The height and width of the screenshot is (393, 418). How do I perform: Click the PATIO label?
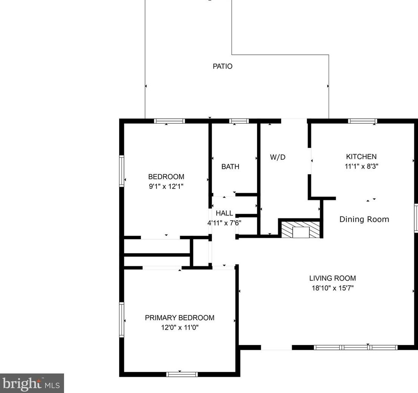pyautogui.click(x=222, y=66)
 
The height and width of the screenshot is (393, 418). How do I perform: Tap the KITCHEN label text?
pyautogui.click(x=361, y=157)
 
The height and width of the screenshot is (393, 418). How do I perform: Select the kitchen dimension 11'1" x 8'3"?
pyautogui.click(x=361, y=166)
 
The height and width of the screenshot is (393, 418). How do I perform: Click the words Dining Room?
pyautogui.click(x=364, y=219)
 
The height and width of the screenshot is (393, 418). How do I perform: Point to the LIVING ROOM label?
pyautogui.click(x=332, y=278)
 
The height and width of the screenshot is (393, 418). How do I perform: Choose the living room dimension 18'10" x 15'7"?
pyautogui.click(x=332, y=288)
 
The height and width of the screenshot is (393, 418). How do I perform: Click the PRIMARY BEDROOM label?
pyautogui.click(x=179, y=318)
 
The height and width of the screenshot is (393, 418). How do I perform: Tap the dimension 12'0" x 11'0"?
pyautogui.click(x=179, y=327)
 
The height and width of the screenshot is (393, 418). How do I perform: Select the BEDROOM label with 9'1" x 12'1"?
pyautogui.click(x=166, y=177)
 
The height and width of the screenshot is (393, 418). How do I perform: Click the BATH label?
pyautogui.click(x=230, y=166)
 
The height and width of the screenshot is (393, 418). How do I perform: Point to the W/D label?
pyautogui.click(x=277, y=157)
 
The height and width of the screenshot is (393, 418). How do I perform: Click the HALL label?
pyautogui.click(x=224, y=213)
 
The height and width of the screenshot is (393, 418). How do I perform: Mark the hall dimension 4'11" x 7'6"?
pyautogui.click(x=224, y=223)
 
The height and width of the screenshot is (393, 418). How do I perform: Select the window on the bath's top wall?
pyautogui.click(x=239, y=121)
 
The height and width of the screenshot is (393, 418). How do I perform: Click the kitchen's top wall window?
pyautogui.click(x=363, y=121)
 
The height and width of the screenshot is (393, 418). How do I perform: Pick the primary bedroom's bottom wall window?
pyautogui.click(x=182, y=374)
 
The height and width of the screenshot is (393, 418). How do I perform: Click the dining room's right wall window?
pyautogui.click(x=416, y=218)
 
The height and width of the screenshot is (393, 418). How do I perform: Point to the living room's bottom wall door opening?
pyautogui.click(x=276, y=347)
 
